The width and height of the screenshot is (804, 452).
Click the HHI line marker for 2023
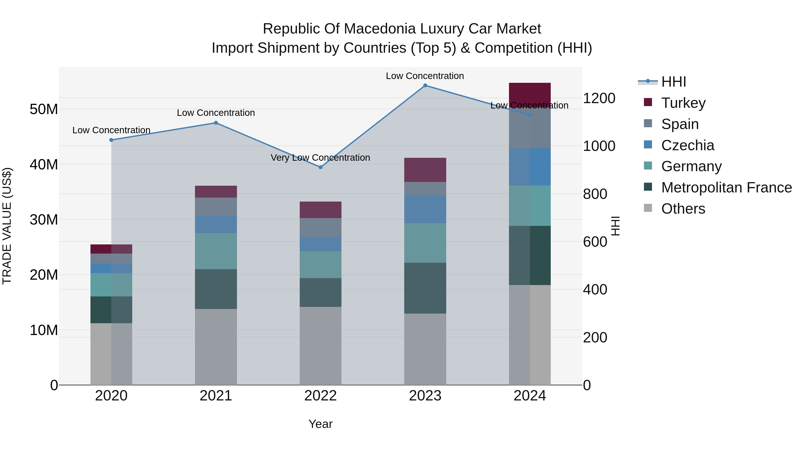(425, 85)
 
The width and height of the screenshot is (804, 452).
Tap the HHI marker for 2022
(320, 167)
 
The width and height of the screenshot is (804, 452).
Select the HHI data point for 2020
(111, 140)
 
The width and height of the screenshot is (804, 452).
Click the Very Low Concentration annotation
(320, 158)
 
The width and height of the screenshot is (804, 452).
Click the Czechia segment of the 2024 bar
(530, 167)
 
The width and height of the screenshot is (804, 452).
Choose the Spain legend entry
(680, 124)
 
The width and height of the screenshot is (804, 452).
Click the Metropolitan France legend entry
(726, 187)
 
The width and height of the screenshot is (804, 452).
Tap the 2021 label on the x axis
(216, 396)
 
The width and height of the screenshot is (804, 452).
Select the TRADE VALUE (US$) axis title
(7, 226)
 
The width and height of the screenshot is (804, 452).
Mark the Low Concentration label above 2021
(216, 113)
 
